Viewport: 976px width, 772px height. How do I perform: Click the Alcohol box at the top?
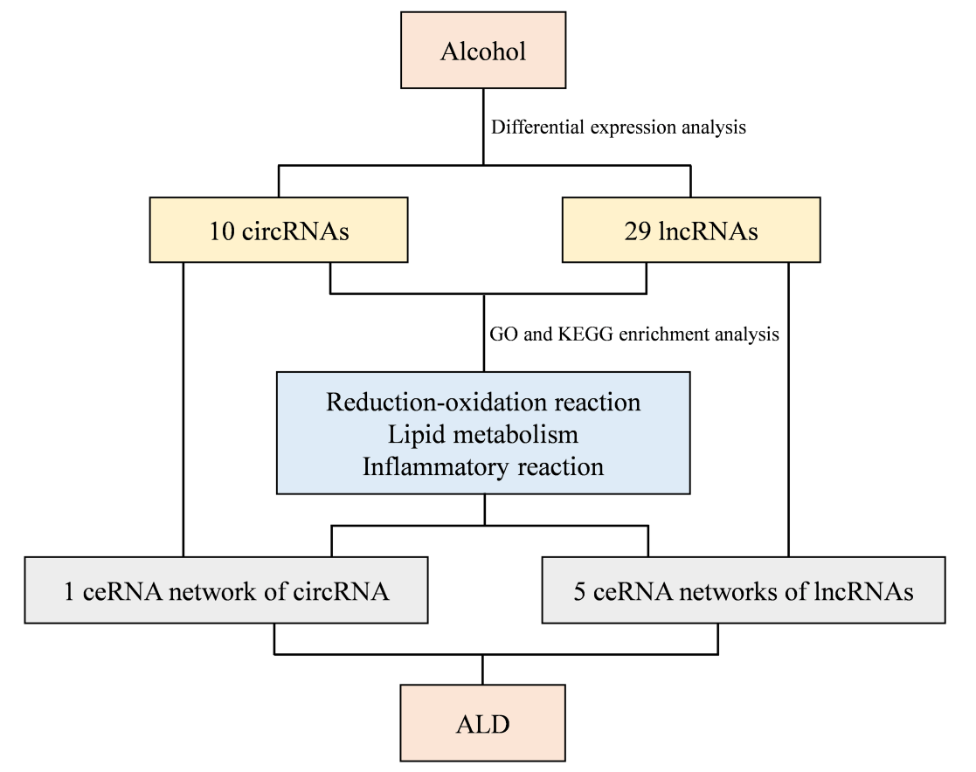tap(483, 51)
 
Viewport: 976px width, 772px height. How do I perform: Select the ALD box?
tap(483, 724)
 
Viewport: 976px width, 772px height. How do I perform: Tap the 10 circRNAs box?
tap(279, 231)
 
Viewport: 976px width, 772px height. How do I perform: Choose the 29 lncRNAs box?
tap(690, 231)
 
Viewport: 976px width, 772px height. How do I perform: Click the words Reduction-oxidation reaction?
tap(483, 403)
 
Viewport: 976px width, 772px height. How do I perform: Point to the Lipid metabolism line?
tap(483, 434)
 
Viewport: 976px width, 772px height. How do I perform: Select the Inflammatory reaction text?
tap(483, 466)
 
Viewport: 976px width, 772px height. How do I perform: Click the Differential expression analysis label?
tap(618, 128)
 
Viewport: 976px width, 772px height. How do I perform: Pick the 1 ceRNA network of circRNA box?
tap(226, 591)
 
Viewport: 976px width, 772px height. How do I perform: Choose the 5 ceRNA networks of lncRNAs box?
tap(744, 591)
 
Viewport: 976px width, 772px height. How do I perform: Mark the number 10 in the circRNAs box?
tap(222, 231)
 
